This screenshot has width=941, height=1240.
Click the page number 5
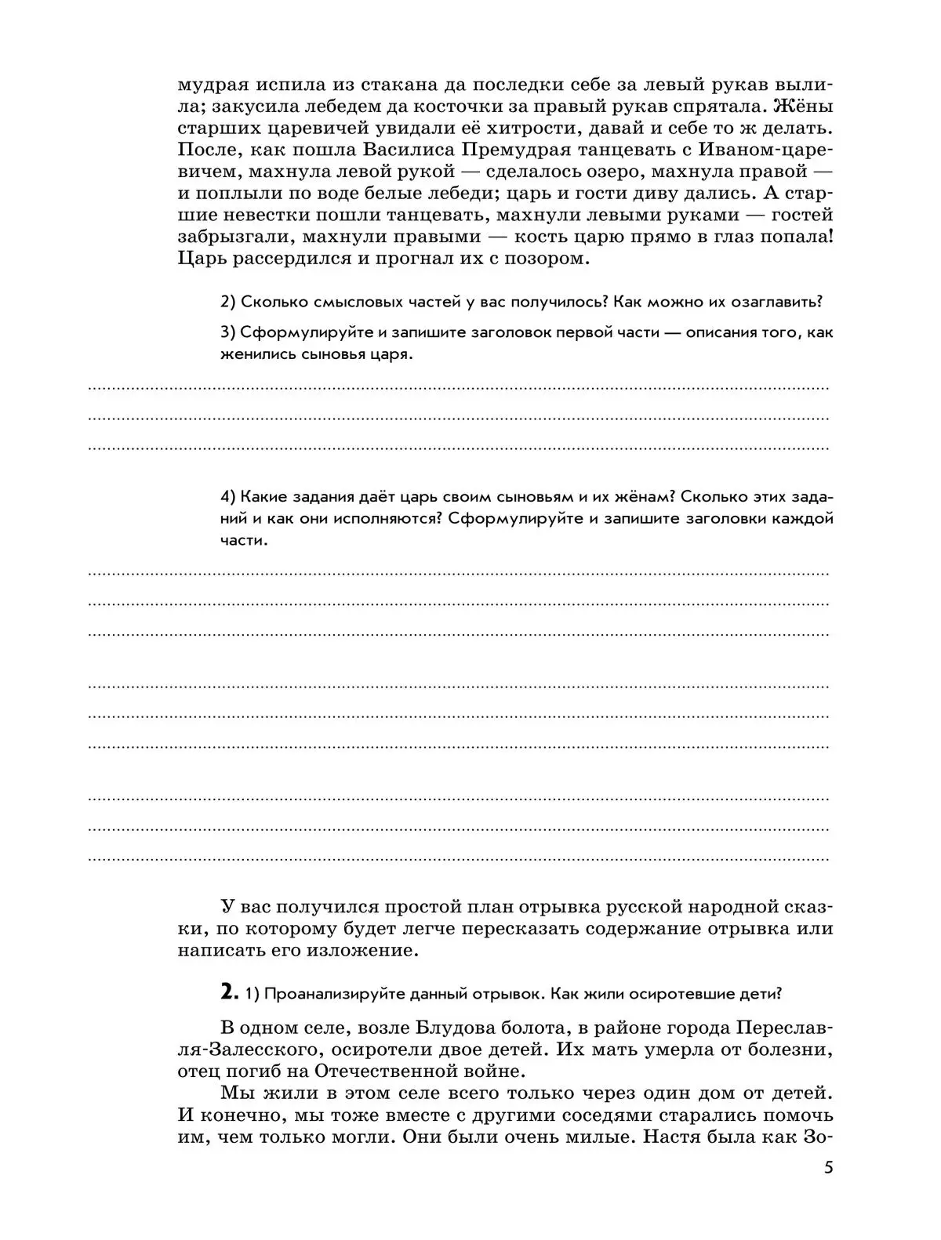click(828, 1167)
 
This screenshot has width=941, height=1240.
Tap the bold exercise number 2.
click(228, 992)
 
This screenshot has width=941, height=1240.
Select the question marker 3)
click(228, 332)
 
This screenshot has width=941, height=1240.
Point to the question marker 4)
click(228, 497)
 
